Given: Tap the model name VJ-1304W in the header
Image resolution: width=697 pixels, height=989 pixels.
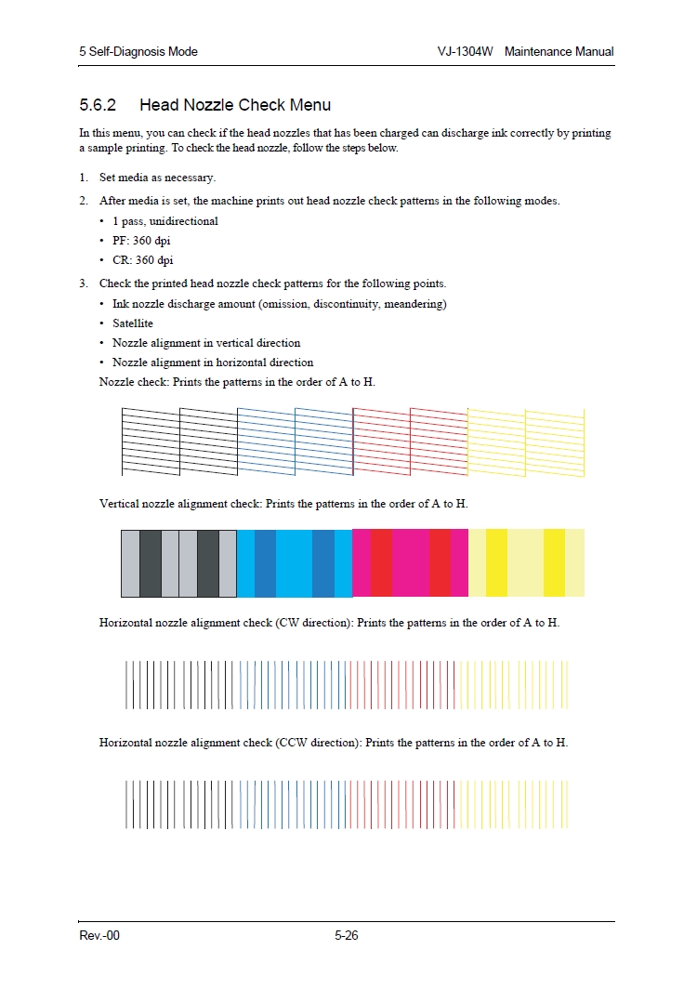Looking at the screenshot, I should point(465,52).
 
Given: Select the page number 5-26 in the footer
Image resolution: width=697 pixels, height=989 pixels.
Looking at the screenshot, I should point(347,936).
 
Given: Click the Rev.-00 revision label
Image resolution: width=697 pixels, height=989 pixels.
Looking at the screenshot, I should point(99,936).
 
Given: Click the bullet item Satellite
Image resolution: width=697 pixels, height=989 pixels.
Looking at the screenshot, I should point(133,323).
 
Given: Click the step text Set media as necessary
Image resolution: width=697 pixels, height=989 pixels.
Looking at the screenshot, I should point(157,178).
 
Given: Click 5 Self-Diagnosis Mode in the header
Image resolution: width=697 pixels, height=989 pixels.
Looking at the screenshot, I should point(138,52).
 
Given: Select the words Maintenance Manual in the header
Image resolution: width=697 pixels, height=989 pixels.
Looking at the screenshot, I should point(559,52).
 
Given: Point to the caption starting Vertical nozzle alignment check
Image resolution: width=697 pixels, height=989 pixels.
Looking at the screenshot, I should point(283,504).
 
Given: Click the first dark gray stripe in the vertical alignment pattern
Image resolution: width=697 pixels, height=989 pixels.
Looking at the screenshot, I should point(151,563).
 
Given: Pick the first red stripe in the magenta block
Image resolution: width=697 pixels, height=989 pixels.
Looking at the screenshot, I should point(381,563).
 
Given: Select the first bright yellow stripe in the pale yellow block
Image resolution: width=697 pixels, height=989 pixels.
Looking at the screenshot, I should point(496,563).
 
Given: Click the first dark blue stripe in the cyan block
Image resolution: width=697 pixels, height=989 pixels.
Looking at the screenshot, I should point(265,563).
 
